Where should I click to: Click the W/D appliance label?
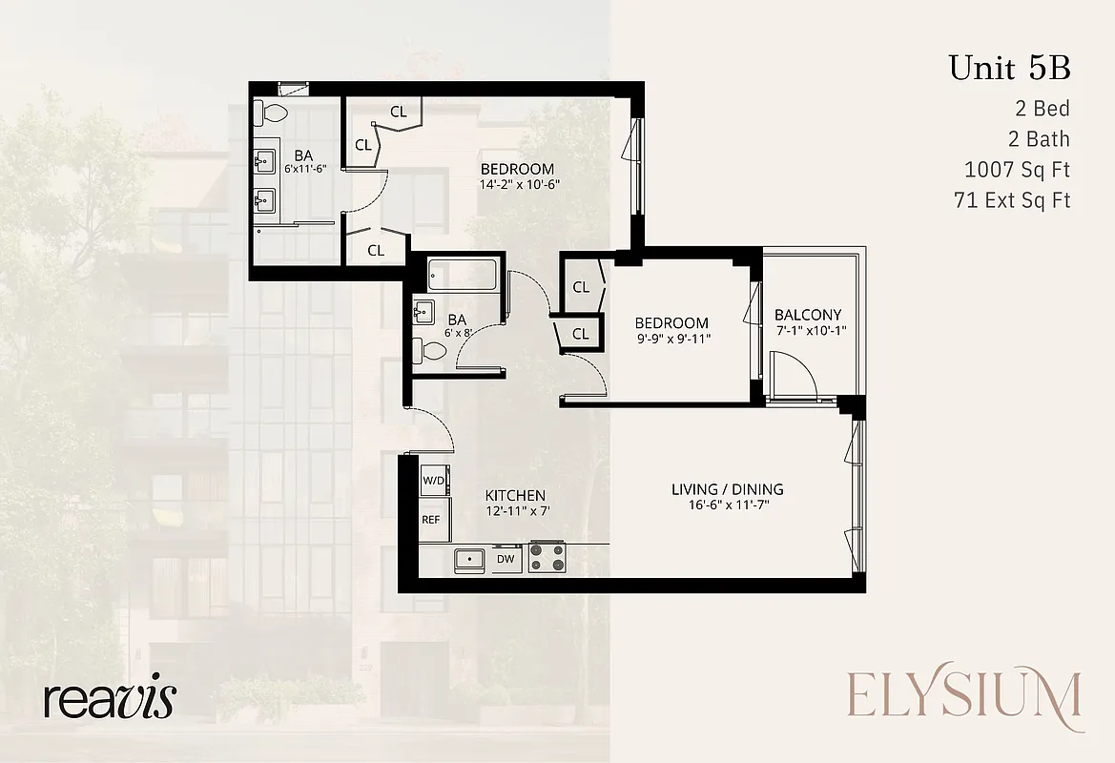434,480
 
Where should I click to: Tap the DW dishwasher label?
506,558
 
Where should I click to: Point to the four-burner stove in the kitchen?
547,557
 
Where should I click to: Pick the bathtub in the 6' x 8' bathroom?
463,276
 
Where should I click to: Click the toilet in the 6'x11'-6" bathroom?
271,113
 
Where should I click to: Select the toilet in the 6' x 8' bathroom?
432,352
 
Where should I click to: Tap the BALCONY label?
808,315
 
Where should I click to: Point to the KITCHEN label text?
515,496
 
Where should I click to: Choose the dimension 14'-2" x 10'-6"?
519,185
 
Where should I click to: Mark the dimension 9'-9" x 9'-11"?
673,339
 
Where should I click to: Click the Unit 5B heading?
1009,69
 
